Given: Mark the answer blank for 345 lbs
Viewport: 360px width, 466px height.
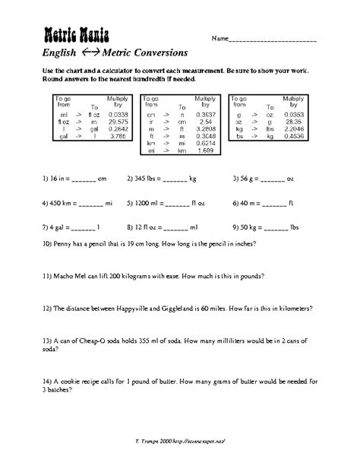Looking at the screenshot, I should click(174, 181).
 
